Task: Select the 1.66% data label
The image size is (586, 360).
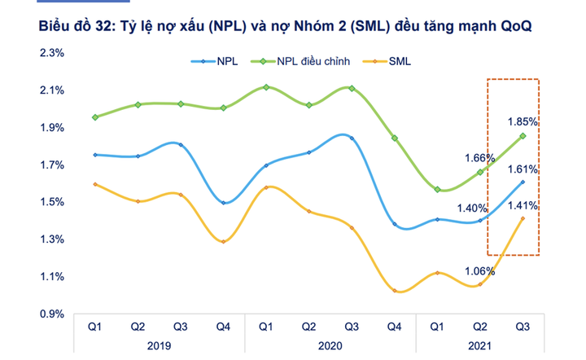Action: (479, 158)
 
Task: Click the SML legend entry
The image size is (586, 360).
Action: (401, 60)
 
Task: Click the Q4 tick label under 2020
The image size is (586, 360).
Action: (395, 327)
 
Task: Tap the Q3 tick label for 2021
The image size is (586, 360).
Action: (523, 327)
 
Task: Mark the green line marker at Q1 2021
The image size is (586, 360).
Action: (438, 190)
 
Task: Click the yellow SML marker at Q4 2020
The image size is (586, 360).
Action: (395, 291)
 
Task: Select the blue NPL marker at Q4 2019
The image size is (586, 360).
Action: (223, 203)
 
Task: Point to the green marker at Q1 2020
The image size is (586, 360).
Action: (266, 87)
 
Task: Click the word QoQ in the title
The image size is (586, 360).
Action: (512, 26)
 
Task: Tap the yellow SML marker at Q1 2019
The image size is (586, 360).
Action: (95, 185)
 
